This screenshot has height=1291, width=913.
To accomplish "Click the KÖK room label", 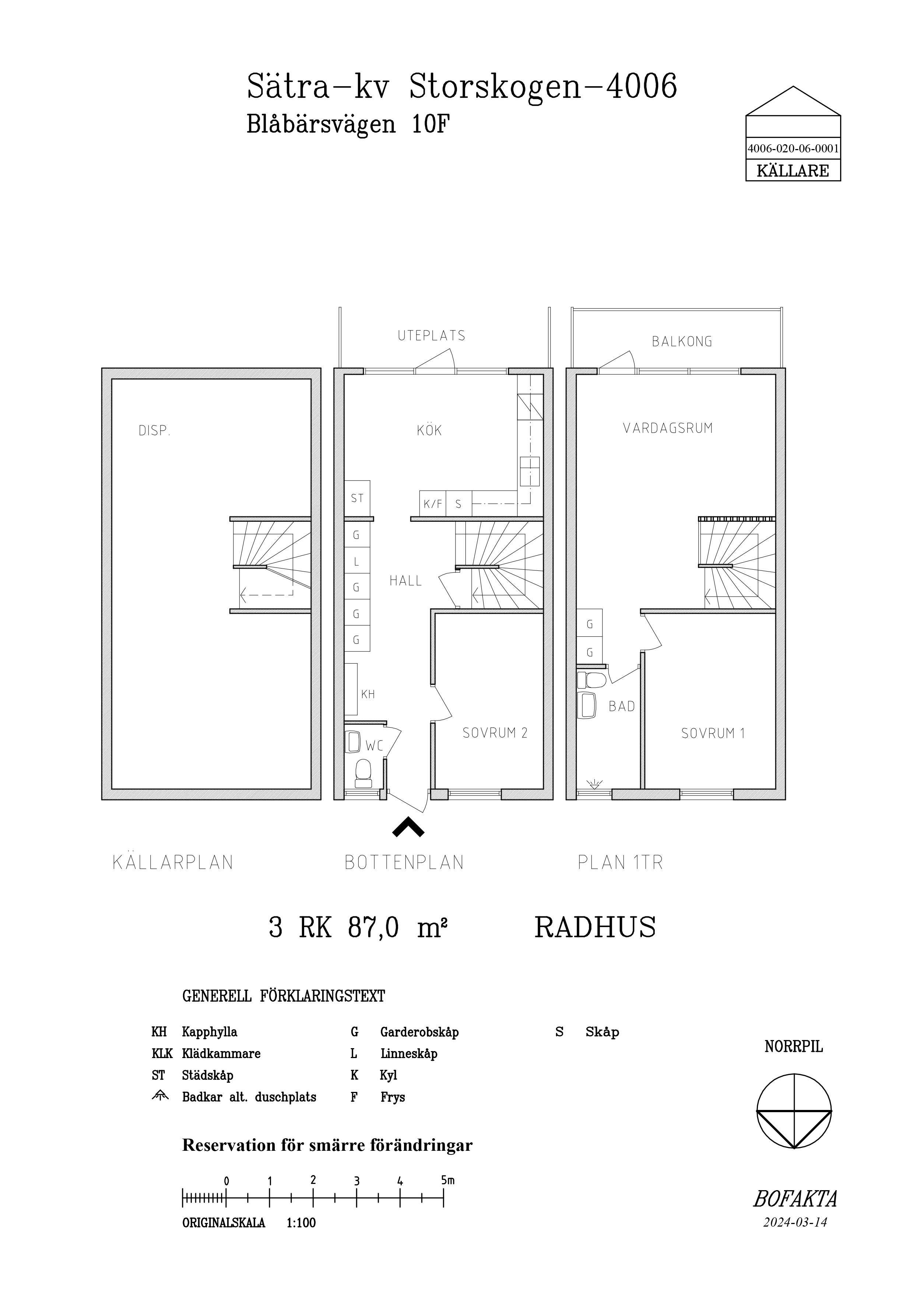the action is tap(429, 430).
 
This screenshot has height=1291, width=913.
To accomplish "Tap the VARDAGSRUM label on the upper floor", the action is tap(668, 428).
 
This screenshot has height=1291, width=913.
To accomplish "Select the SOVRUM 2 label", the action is tap(495, 733).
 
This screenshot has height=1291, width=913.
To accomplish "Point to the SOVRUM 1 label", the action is tap(713, 733).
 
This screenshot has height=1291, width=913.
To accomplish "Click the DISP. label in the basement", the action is tap(154, 431).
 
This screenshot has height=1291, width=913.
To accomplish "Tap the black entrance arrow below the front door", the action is tap(408, 827).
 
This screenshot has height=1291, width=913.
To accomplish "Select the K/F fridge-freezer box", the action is tap(433, 504).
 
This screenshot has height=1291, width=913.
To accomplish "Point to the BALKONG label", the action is tap(682, 341).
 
